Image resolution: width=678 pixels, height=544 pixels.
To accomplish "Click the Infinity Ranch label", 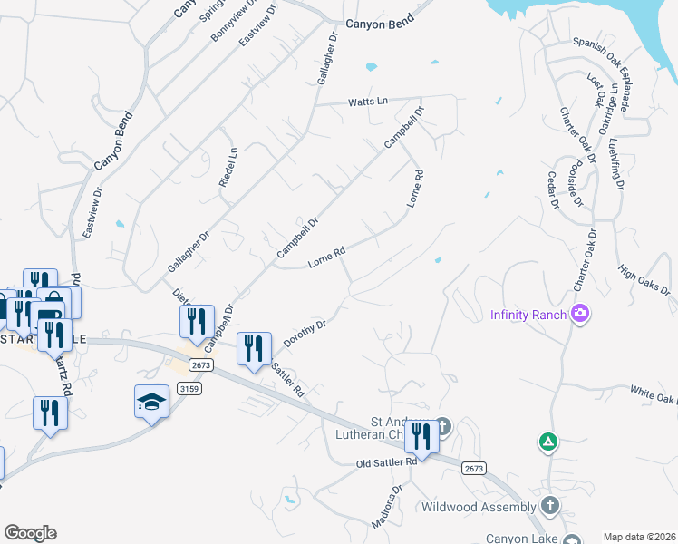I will pos(528,316).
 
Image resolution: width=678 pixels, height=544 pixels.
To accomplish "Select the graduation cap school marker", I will pos(151,403).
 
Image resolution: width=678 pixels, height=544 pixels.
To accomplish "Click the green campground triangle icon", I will pos(547,442).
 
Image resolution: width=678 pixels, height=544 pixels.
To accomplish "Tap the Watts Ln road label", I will pos(368,102).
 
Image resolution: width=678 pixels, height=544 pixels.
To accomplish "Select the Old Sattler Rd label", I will pos(386,462).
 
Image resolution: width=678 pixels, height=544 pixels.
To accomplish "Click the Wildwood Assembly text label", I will pos(479,506).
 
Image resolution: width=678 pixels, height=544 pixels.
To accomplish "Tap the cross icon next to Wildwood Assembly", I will pos(550,505).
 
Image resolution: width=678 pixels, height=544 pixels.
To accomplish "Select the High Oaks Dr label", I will pos(644,280).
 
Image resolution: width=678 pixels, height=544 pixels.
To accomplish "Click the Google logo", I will pos(29,533).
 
